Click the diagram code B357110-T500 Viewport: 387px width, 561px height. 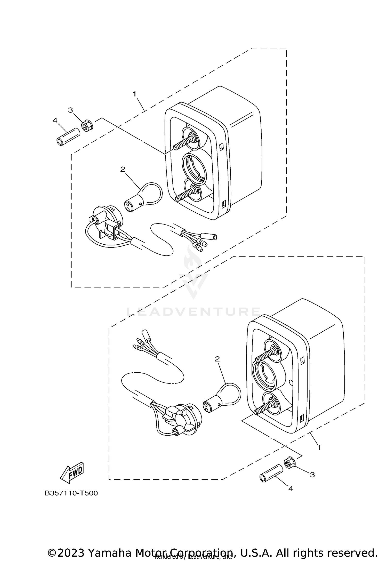[x=71, y=493]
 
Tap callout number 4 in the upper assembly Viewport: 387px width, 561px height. [x=55, y=120]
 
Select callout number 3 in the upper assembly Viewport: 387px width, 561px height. [x=70, y=110]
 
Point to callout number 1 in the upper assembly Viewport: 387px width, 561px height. [x=134, y=94]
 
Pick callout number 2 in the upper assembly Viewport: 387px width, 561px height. [x=123, y=169]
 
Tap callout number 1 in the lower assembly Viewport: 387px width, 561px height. [x=319, y=447]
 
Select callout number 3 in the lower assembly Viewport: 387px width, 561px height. [x=312, y=475]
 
